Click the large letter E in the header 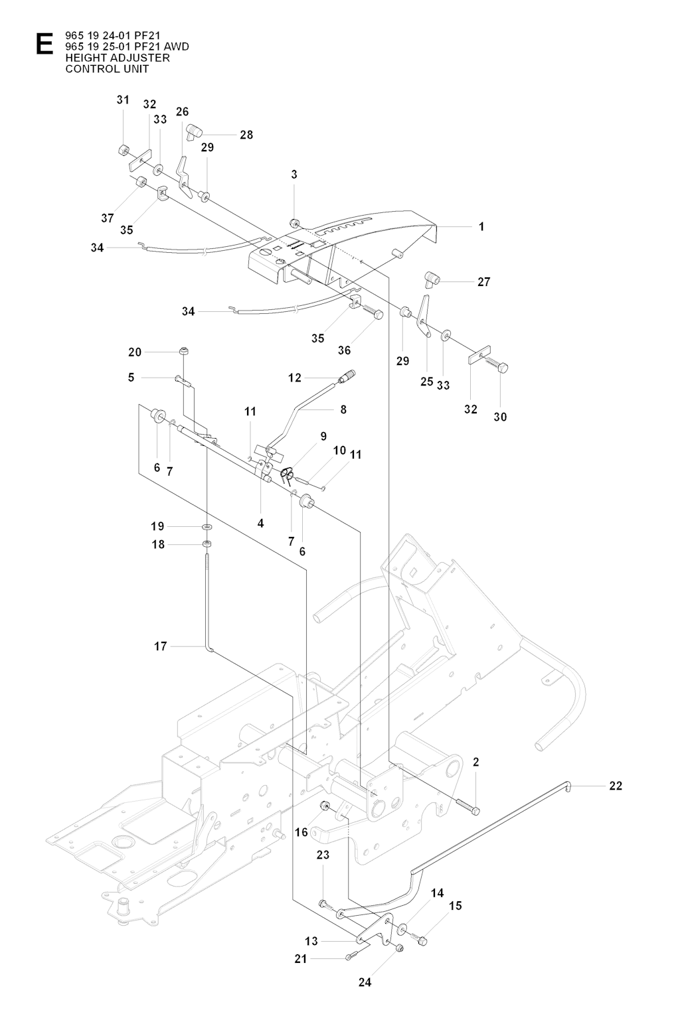[x=45, y=44]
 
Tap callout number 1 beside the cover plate [x=481, y=226]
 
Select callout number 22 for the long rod [x=616, y=786]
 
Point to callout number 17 [x=161, y=646]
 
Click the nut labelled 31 [x=124, y=149]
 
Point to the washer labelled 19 [x=207, y=526]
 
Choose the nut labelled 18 [x=207, y=544]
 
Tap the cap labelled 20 [x=184, y=350]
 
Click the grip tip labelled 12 [x=347, y=376]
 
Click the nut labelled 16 [x=325, y=806]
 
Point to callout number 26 [x=183, y=112]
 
